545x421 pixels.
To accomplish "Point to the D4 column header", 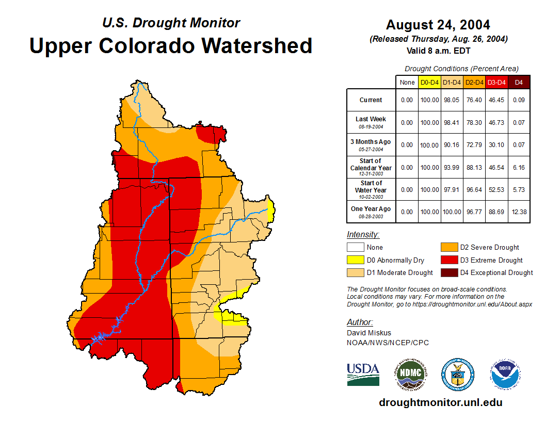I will [x=519, y=82].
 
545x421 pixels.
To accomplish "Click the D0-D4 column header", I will [x=429, y=82].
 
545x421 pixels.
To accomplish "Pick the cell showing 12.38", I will [x=519, y=212].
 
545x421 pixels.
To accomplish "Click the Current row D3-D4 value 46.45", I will [x=496, y=100].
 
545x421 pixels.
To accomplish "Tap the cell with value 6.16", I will [x=519, y=167].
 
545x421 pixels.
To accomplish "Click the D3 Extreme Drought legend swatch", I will [x=448, y=260].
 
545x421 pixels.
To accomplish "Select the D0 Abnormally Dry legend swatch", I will [x=355, y=260].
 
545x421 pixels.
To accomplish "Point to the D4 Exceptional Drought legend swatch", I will [x=448, y=272].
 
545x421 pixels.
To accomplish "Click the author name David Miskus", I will [x=369, y=333].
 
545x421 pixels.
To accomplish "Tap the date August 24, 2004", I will [x=438, y=25].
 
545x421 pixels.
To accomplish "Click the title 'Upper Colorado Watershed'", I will [x=171, y=45].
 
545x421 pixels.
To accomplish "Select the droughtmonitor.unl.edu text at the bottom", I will [x=440, y=402].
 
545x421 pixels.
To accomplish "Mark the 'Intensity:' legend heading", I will [x=363, y=235].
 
